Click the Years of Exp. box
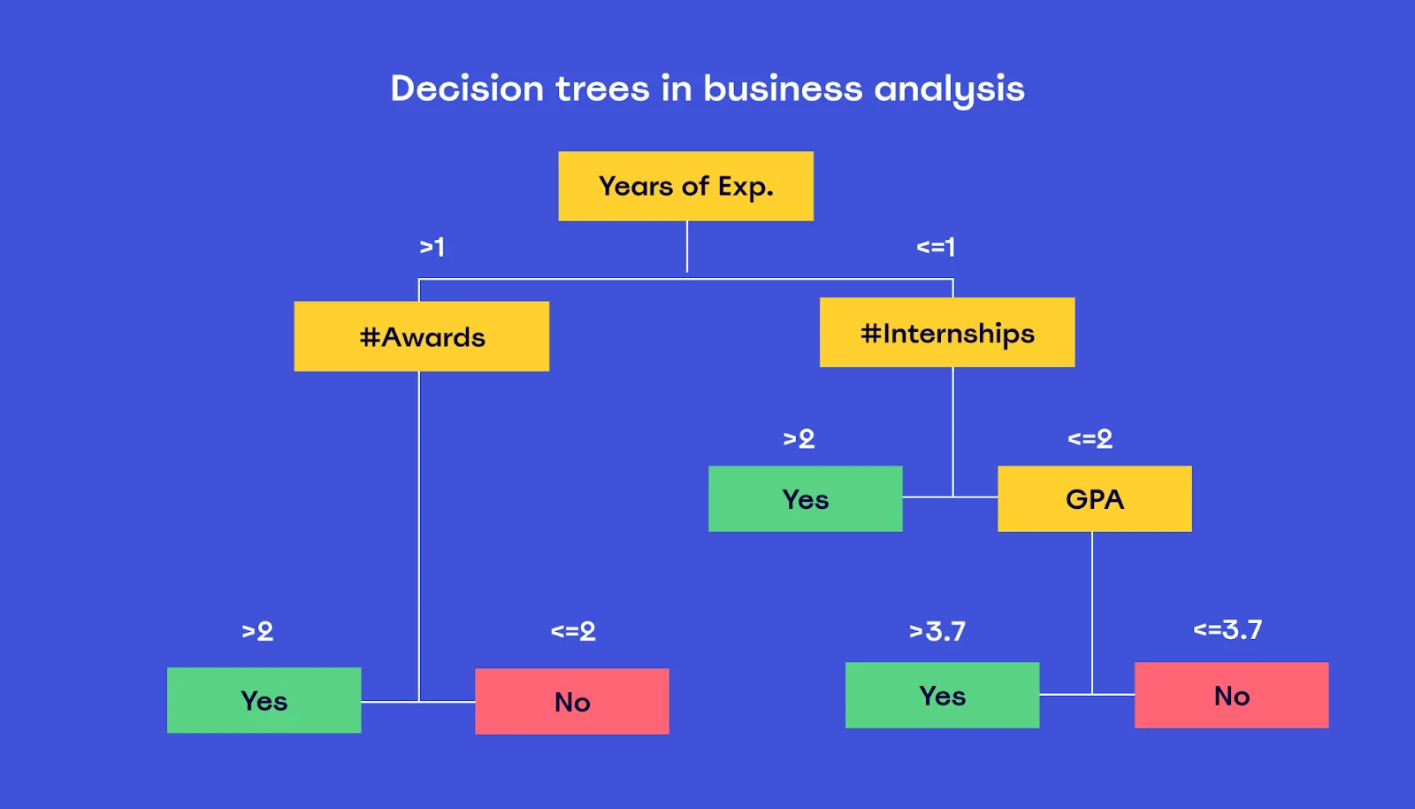click(x=685, y=186)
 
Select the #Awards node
click(x=421, y=336)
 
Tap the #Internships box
click(x=947, y=333)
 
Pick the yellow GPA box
click(x=1095, y=498)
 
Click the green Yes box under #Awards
click(x=264, y=700)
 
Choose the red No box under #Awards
click(x=571, y=702)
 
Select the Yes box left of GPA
click(x=806, y=498)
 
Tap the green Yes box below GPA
click(x=942, y=695)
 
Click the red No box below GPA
click(x=1231, y=695)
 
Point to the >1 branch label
click(x=432, y=246)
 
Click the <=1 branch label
click(x=936, y=246)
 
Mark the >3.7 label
click(x=937, y=631)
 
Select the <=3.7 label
click(x=1228, y=629)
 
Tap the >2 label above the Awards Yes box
click(x=257, y=631)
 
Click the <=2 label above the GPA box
click(x=1090, y=439)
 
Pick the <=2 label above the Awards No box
click(x=573, y=631)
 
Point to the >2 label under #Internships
click(x=799, y=439)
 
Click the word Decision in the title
click(x=467, y=88)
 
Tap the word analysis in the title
click(x=949, y=89)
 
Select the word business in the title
click(x=782, y=88)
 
